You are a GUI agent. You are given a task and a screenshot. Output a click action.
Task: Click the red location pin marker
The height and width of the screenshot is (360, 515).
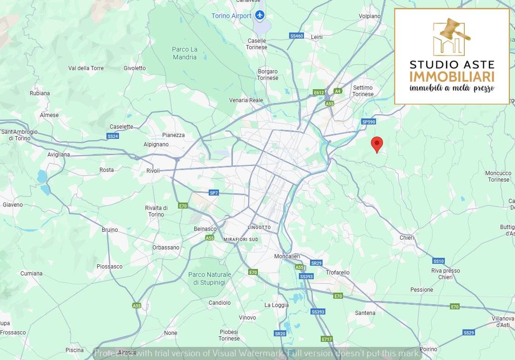[377, 144]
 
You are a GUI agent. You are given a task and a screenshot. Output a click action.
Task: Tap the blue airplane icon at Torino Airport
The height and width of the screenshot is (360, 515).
[260, 16]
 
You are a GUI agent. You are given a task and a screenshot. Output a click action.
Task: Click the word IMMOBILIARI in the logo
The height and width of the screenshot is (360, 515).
[452, 76]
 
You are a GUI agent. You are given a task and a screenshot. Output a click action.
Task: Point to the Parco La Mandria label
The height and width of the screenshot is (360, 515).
[185, 53]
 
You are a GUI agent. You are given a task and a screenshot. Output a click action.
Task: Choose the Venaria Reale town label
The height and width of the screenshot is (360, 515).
[246, 100]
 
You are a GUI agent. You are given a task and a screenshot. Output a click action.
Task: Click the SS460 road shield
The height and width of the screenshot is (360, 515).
[296, 36]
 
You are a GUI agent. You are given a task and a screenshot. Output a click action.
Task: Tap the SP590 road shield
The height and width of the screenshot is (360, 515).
[368, 122]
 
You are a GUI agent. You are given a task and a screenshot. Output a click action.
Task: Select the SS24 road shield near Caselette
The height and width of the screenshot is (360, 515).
[113, 136]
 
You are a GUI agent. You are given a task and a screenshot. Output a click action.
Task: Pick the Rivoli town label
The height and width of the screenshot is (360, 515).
[153, 171]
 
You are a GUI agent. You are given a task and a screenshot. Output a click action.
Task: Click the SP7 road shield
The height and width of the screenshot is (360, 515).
[213, 193]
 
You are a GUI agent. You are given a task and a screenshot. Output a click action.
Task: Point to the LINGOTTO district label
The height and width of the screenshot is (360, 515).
[259, 228]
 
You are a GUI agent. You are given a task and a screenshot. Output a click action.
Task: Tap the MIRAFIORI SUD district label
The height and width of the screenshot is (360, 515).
[241, 239]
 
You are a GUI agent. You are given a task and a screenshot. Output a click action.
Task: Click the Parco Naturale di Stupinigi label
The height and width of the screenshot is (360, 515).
[210, 278]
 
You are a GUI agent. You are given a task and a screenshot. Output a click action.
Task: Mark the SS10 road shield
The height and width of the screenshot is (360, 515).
[438, 261]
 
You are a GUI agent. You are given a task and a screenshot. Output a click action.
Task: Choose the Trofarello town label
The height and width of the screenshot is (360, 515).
[338, 273]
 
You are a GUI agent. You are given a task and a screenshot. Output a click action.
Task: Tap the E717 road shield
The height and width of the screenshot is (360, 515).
[327, 339]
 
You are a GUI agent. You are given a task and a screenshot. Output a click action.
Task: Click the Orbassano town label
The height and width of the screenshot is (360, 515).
[166, 248]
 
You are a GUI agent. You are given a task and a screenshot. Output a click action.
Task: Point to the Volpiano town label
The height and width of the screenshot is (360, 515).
[370, 16]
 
